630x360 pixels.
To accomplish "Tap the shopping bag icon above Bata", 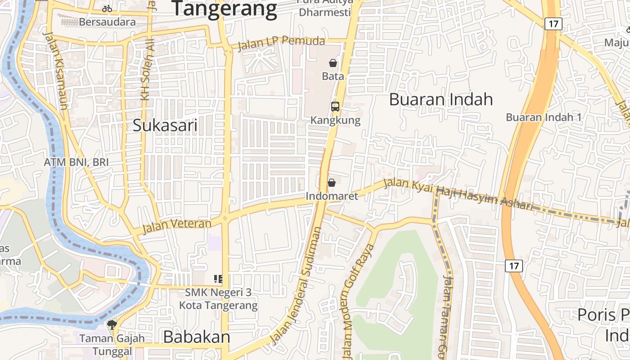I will tap(333, 63).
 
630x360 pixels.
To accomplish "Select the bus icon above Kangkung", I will tap(335, 107).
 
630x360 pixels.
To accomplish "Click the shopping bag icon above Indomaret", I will tap(332, 183).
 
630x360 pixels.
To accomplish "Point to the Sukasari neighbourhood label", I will tap(165, 126).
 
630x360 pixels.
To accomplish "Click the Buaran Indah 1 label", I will tap(544, 117).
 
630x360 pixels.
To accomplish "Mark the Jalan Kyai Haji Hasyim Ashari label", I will tap(458, 194).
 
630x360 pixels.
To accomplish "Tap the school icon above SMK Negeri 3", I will tap(218, 279).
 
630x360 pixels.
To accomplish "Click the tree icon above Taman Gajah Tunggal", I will tap(112, 324).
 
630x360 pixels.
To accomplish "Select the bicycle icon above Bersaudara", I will tap(107, 9).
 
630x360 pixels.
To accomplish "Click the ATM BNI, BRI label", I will tap(76, 162).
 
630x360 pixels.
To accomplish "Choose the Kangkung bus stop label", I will tap(335, 120).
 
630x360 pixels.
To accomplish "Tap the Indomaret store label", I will tap(332, 196).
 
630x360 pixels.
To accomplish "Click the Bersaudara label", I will tap(107, 22).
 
